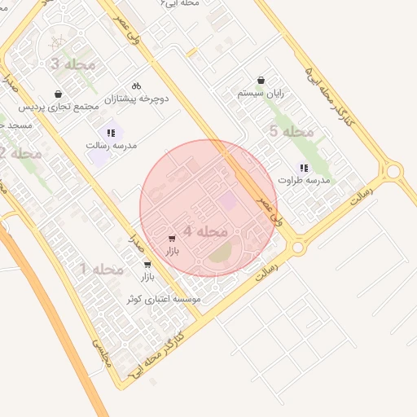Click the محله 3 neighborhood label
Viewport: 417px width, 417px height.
73,64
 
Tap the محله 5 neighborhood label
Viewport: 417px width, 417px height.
291,131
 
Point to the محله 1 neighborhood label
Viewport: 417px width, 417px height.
102,269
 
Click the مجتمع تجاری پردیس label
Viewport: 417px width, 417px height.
59,107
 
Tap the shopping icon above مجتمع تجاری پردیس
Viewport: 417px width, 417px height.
57,94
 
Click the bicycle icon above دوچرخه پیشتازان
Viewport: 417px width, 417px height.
136,86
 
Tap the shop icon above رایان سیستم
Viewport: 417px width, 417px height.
261,80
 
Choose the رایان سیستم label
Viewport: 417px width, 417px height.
261,93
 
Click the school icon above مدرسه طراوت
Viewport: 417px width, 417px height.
304,168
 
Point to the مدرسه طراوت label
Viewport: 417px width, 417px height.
304,179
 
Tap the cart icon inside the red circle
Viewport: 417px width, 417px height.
171,239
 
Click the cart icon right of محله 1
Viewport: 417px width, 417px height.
147,264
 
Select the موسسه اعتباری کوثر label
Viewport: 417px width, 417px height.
164,300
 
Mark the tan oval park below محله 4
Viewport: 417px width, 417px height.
221,256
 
